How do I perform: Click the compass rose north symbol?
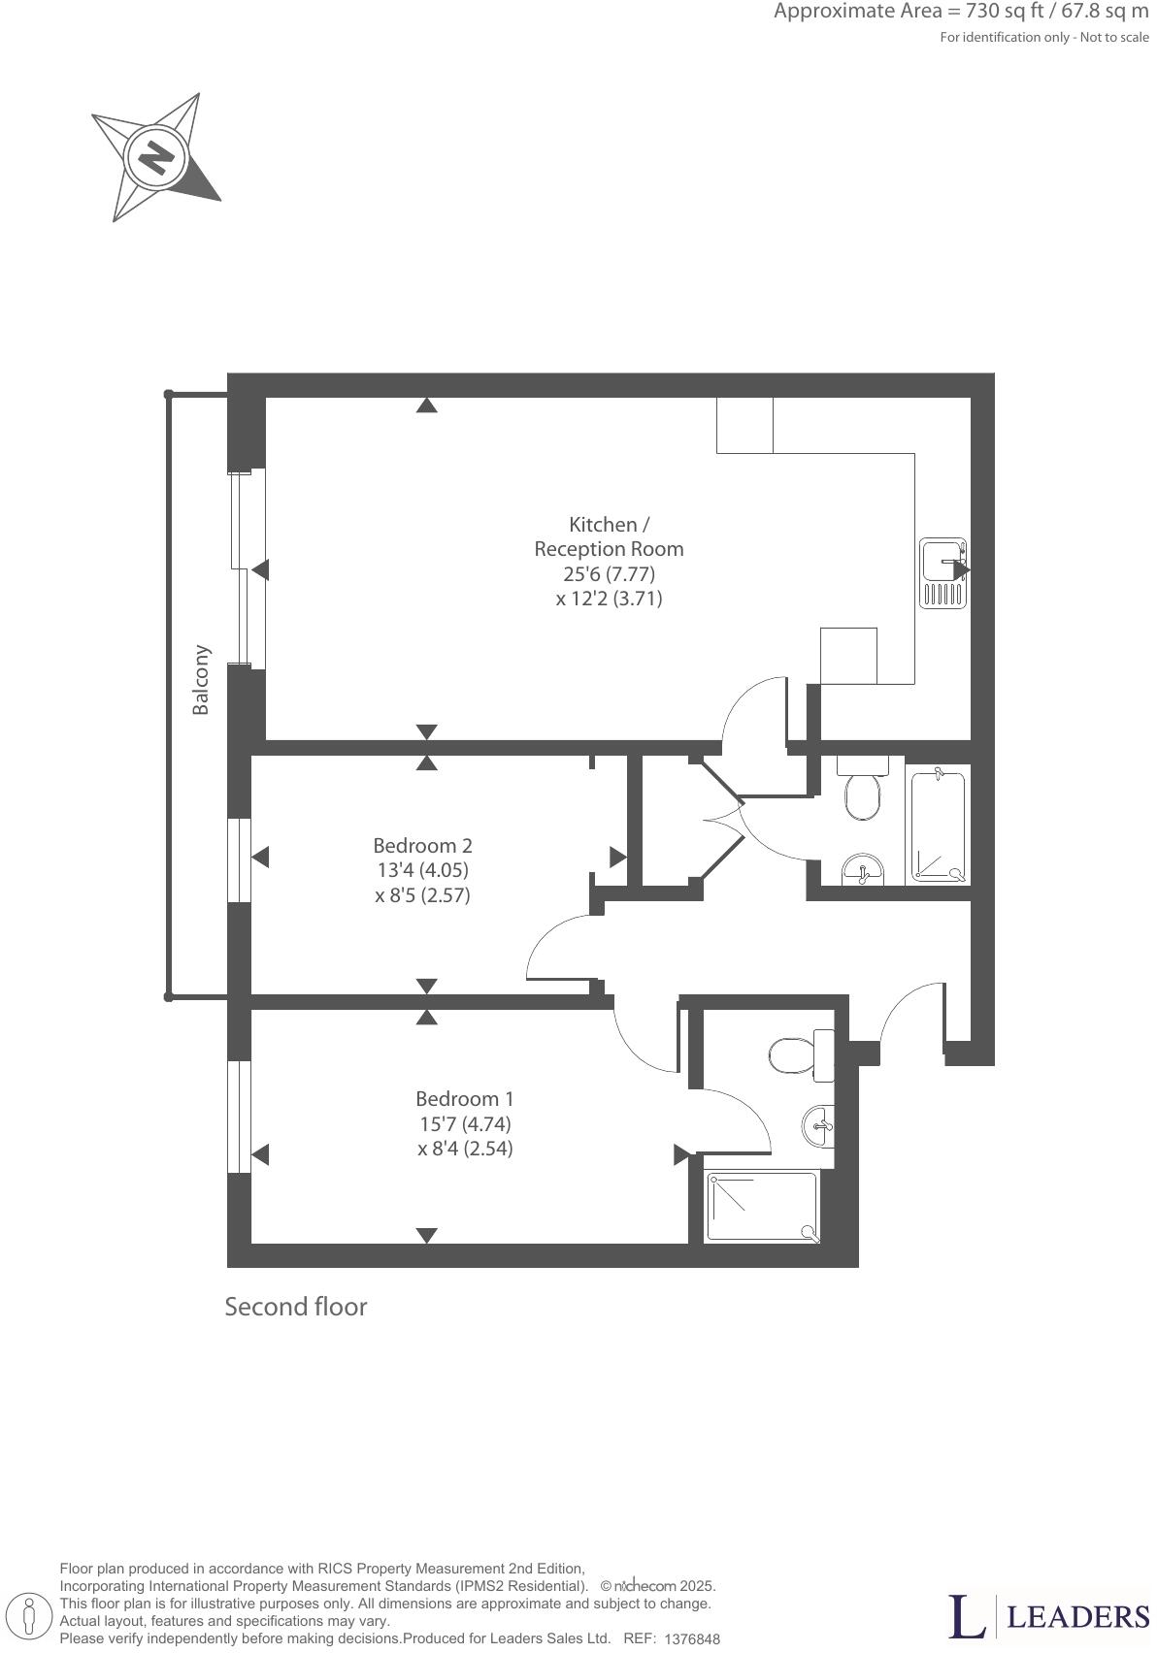tap(155, 156)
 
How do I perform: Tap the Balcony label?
tap(201, 679)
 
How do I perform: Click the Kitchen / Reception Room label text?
tap(609, 536)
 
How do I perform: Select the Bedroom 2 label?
tap(422, 845)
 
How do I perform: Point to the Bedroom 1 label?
tap(464, 1098)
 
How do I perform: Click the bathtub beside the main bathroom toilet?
tap(938, 825)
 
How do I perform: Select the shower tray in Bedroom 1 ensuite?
tap(762, 1206)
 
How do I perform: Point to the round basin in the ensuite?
tap(818, 1125)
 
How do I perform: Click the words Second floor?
tap(296, 1307)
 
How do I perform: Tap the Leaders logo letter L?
tap(966, 1615)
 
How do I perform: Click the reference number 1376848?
tap(692, 1638)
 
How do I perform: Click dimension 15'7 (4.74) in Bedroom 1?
tap(465, 1123)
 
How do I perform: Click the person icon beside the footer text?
tap(30, 1616)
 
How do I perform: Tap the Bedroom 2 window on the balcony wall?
tap(239, 859)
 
